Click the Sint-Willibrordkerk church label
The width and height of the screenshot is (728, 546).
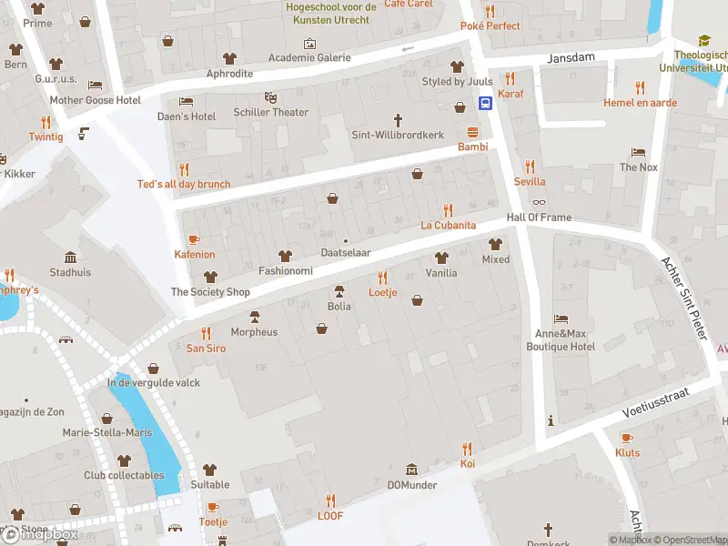pyautogui.click(x=398, y=135)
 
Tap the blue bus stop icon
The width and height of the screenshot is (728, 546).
pyautogui.click(x=487, y=103)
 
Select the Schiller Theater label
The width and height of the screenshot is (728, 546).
pyautogui.click(x=270, y=112)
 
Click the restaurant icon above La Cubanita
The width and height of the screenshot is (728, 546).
pyautogui.click(x=447, y=210)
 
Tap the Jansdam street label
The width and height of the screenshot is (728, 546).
pyautogui.click(x=571, y=57)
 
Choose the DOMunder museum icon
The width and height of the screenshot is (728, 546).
pyautogui.click(x=411, y=470)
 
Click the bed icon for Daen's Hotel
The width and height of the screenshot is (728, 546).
pyautogui.click(x=187, y=101)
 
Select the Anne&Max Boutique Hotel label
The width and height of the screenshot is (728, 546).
pyautogui.click(x=561, y=340)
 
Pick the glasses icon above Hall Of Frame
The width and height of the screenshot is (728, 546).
pyautogui.click(x=539, y=203)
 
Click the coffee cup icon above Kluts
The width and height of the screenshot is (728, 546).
pyautogui.click(x=627, y=438)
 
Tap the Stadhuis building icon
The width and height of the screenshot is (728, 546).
pyautogui.click(x=70, y=257)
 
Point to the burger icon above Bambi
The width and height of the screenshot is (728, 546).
pyautogui.click(x=472, y=132)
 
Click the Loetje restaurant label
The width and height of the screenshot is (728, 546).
pyautogui.click(x=382, y=293)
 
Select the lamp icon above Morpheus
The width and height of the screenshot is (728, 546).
pyautogui.click(x=254, y=317)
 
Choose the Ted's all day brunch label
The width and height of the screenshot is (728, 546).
pyautogui.click(x=184, y=184)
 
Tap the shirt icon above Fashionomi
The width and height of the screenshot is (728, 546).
pyautogui.click(x=285, y=256)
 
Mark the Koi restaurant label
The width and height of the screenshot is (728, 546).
pyautogui.click(x=467, y=464)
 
